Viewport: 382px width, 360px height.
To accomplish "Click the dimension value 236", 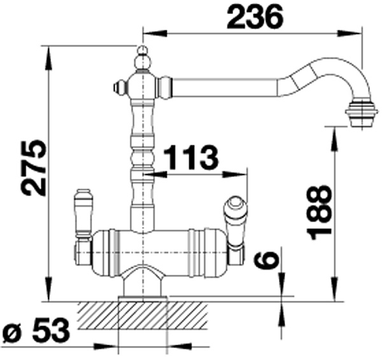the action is (x=255, y=17).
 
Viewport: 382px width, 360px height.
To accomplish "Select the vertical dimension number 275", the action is (x=33, y=168).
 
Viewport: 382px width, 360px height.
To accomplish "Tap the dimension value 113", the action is (x=191, y=157).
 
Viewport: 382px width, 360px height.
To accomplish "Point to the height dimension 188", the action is (x=320, y=212).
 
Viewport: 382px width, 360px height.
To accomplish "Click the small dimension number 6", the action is (x=265, y=259).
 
